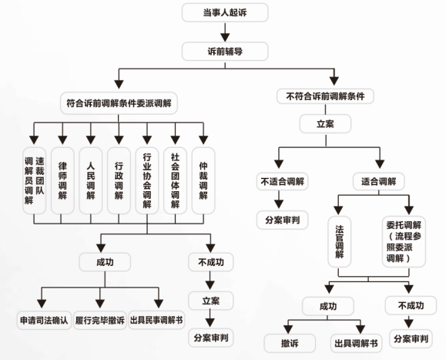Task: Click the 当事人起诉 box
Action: click(225, 12)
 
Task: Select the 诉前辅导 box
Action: click(225, 52)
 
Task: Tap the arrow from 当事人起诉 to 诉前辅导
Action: click(225, 32)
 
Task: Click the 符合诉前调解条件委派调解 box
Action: click(119, 103)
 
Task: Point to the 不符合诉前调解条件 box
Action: click(325, 96)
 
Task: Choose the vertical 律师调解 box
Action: click(62, 180)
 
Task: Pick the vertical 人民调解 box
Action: click(90, 180)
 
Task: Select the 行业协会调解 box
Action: click(147, 180)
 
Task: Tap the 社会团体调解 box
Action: click(175, 180)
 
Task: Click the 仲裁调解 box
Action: click(203, 180)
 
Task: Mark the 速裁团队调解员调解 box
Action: click(34, 180)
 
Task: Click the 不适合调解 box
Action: click(282, 181)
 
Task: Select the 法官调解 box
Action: click(340, 241)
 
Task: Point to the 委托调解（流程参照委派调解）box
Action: click(404, 241)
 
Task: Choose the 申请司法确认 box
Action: click(44, 320)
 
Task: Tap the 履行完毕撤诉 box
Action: click(100, 320)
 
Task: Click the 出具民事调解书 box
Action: click(156, 320)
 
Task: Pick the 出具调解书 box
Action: click(356, 344)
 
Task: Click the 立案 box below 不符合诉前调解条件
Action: click(325, 124)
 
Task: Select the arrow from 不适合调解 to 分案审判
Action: click(279, 200)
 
